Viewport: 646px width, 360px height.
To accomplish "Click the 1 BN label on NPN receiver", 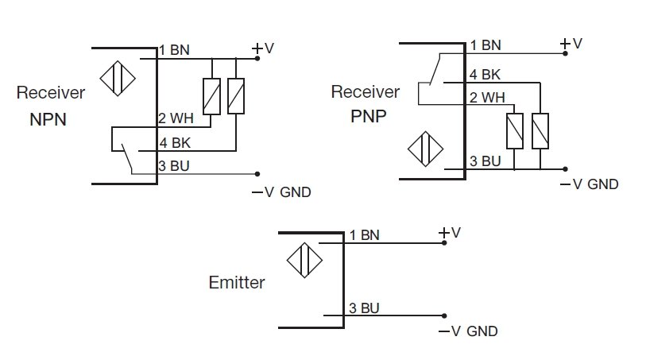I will tap(174, 50).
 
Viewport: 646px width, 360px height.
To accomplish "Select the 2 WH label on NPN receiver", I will tap(176, 119).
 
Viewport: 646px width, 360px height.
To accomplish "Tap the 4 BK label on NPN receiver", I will tap(175, 143).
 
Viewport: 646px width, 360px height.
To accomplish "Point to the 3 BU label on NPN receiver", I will tap(175, 166).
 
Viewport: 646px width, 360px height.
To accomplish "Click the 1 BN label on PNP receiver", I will tap(485, 45).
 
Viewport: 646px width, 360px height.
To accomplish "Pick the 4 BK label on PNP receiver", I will tap(485, 75).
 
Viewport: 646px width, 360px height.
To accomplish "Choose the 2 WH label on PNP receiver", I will tap(486, 99).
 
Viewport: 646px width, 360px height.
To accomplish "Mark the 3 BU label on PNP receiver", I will tap(485, 161).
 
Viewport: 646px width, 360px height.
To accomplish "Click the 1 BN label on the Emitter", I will tap(365, 235).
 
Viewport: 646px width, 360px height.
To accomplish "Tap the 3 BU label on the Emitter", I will tap(365, 308).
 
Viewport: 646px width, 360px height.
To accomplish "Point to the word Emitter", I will tap(237, 282).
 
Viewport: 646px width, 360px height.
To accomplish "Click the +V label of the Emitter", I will tap(450, 232).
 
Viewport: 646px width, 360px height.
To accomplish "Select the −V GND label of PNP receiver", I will tap(589, 184).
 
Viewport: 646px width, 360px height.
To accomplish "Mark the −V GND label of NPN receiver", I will tap(281, 192).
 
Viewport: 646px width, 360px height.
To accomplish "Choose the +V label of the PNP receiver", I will tap(571, 44).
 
